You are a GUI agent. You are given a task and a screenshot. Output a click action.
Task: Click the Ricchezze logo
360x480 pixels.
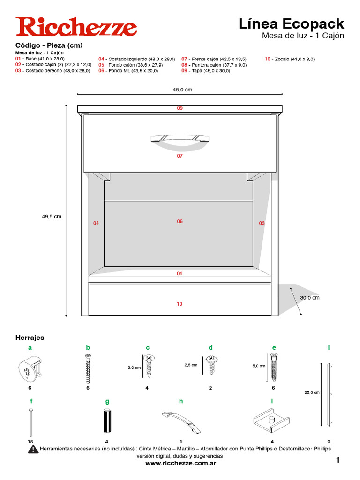(x=76, y=27)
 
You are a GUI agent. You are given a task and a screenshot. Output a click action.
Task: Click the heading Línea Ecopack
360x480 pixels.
(x=291, y=23)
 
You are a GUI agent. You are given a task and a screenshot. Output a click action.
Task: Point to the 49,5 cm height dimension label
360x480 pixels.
(x=52, y=217)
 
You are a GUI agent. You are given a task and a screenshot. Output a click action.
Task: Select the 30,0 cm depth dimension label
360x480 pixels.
(x=310, y=297)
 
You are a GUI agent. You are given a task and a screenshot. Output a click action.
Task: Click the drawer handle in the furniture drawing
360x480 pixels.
(x=180, y=138)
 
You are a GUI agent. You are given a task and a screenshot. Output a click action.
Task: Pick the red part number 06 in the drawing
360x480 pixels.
(x=180, y=221)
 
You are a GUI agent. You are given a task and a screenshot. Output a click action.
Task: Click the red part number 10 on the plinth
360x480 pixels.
(x=180, y=304)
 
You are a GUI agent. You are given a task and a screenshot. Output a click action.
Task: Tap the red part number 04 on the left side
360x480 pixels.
(x=96, y=223)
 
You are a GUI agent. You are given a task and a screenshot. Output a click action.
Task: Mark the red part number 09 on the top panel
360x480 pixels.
(x=180, y=108)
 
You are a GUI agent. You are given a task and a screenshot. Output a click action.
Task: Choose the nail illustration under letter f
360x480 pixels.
(x=30, y=422)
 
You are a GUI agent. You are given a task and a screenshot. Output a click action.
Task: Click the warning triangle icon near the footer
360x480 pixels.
(x=33, y=449)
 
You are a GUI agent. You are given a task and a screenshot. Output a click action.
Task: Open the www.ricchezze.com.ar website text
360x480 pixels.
(x=180, y=463)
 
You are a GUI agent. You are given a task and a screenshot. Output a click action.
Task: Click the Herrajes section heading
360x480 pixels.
(x=30, y=337)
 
